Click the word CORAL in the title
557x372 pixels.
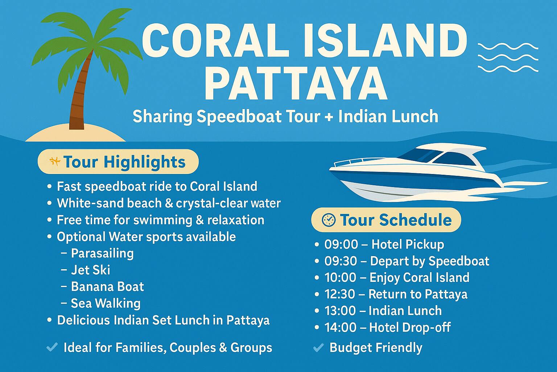[215, 41]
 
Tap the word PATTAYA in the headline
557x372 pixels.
[296, 83]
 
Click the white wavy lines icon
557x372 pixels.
[508, 57]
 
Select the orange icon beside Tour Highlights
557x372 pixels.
[55, 161]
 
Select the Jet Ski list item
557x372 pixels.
[91, 270]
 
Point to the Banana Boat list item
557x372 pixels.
[107, 287]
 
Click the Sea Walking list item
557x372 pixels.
[106, 304]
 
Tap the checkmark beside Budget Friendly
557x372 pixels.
[318, 348]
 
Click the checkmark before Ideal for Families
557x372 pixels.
[52, 347]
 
